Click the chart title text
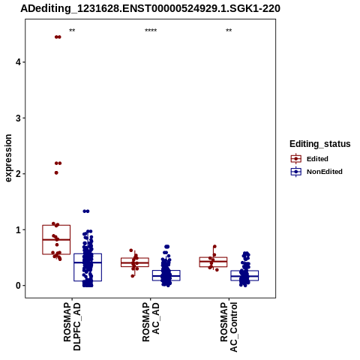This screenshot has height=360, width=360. coord(150,8)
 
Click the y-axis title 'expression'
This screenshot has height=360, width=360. coord(8,158)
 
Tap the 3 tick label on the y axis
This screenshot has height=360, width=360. coord(18,118)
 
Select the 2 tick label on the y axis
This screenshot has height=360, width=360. coord(18,174)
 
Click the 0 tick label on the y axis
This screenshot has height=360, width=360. coord(18,286)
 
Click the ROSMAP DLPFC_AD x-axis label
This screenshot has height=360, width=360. coord(72,326)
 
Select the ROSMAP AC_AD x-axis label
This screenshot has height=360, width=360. coord(151,322)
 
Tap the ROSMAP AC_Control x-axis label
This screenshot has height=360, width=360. coord(229,327)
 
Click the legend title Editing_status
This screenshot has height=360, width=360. coord(320,144)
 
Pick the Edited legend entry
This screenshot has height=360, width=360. coord(310,159)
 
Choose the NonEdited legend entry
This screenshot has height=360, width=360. coord(316,172)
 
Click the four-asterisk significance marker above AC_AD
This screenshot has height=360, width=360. coord(151,31)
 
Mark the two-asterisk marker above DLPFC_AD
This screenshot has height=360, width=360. coord(72,31)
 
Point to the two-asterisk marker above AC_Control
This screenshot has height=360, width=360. coord(229,31)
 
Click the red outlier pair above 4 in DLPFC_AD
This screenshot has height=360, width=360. coord(58,37)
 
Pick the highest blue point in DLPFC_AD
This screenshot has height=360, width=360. coord(86,211)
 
